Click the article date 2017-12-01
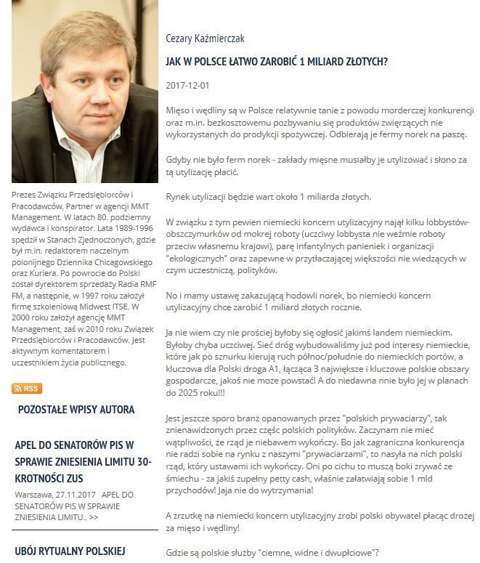(187, 86)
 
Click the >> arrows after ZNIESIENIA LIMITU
(94, 517)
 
